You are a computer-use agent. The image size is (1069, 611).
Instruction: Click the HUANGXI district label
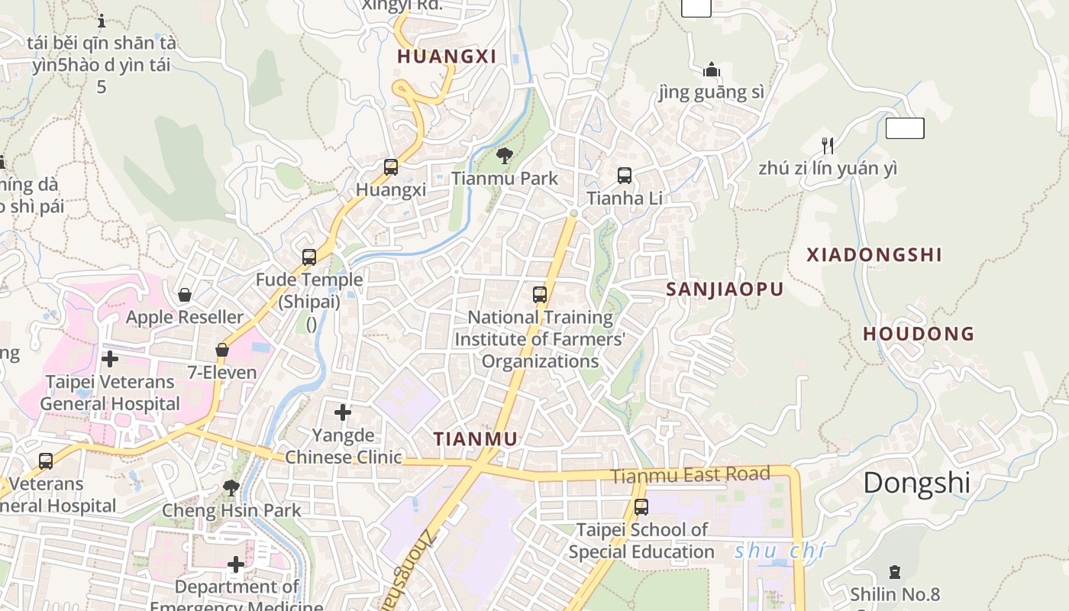click(x=447, y=56)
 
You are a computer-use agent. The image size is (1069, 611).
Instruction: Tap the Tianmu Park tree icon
click(x=504, y=157)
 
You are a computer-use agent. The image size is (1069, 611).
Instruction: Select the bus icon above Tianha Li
click(x=625, y=176)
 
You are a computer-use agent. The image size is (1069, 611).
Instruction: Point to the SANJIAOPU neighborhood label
click(x=725, y=289)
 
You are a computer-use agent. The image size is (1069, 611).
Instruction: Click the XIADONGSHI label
click(x=874, y=255)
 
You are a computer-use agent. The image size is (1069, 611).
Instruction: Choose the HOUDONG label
click(x=919, y=334)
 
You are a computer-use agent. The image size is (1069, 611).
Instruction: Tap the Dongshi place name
click(x=916, y=483)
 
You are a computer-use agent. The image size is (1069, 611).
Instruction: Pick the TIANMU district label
click(x=476, y=439)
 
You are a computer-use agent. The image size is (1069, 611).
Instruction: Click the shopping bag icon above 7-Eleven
click(x=222, y=350)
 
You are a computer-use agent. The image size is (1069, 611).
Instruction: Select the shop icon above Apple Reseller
click(x=185, y=294)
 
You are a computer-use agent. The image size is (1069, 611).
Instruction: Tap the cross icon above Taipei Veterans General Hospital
click(x=110, y=358)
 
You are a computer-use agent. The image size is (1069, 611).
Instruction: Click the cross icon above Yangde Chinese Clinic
click(x=343, y=412)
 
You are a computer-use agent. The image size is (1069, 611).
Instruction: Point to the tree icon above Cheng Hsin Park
click(x=231, y=487)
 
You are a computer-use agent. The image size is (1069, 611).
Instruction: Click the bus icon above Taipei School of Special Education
click(x=641, y=506)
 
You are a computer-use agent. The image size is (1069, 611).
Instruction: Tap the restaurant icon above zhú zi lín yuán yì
click(x=827, y=145)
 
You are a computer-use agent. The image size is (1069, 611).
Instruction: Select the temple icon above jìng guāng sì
click(x=712, y=70)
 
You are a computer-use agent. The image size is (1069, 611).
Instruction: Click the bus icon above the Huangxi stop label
click(x=391, y=166)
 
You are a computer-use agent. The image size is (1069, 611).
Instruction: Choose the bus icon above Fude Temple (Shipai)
click(x=309, y=257)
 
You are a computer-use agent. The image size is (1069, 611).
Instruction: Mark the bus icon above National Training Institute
click(x=540, y=294)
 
